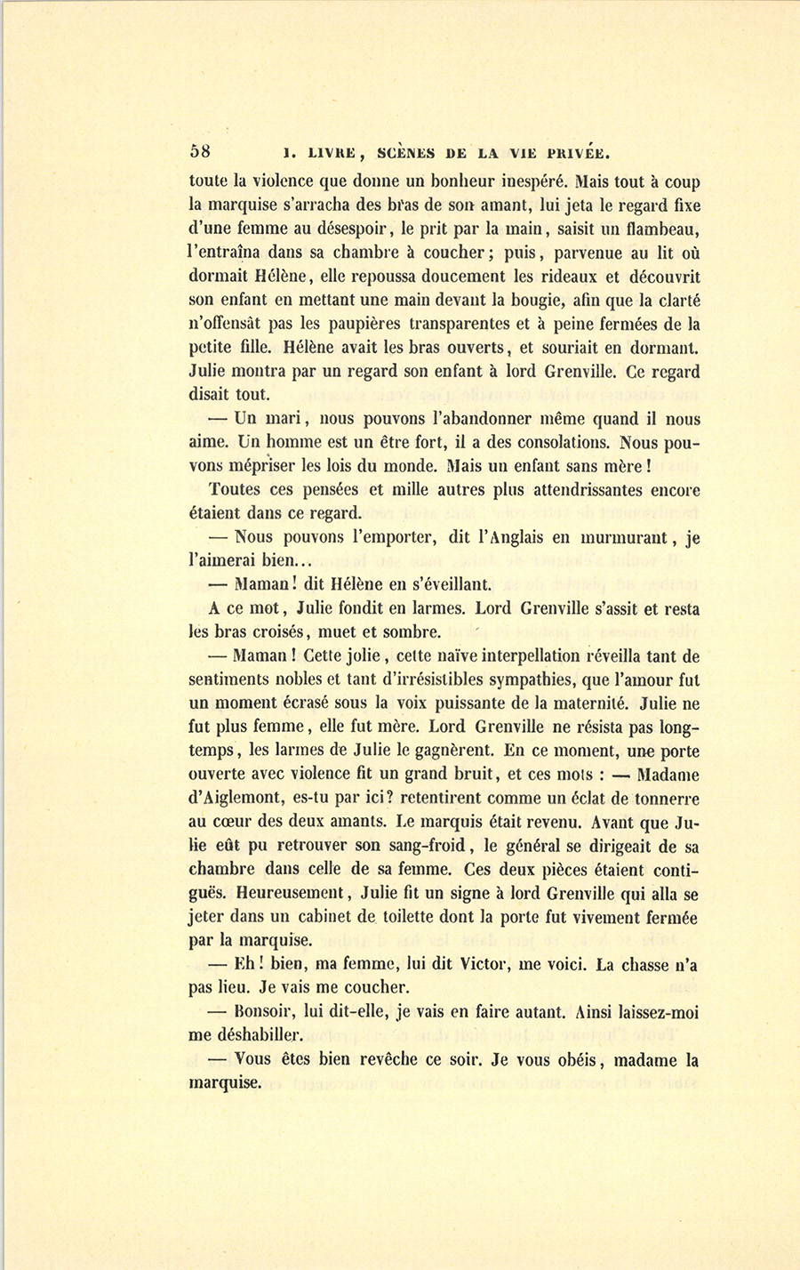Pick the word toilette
pyautogui.click(x=420, y=916)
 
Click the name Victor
pyautogui.click(x=482, y=963)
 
